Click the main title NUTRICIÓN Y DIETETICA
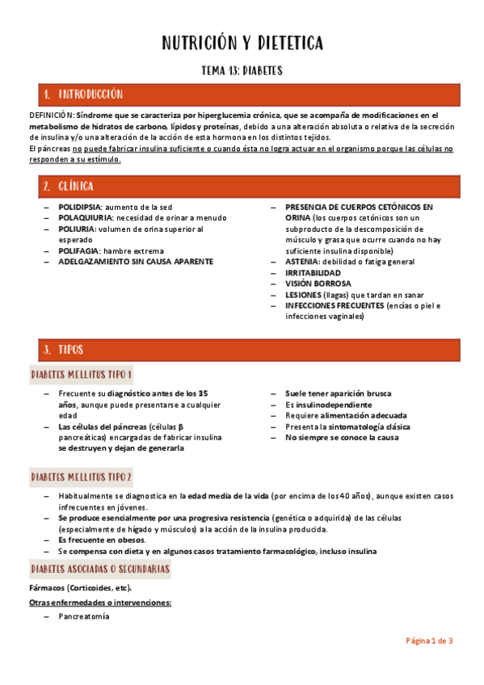[242, 42]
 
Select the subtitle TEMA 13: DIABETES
[242, 70]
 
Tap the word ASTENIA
[301, 262]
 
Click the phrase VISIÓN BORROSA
[318, 284]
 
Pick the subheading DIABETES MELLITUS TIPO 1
[81, 375]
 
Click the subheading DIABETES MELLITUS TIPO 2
[81, 477]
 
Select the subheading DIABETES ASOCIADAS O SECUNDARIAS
[99, 569]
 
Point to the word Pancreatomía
[83, 616]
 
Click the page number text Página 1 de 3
[428, 641]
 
